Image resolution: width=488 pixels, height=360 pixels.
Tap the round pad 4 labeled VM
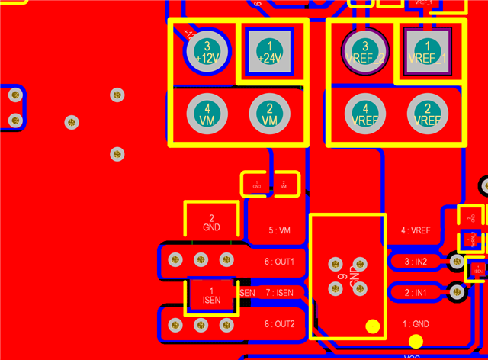click(207, 114)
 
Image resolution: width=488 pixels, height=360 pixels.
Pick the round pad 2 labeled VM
click(269, 114)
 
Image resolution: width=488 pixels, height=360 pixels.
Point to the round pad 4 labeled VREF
click(365, 114)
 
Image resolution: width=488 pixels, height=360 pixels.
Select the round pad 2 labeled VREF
click(427, 114)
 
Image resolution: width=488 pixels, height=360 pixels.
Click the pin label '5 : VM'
click(280, 230)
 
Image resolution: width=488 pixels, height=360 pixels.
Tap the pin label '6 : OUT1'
click(279, 262)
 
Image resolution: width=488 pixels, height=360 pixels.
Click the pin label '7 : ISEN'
click(279, 293)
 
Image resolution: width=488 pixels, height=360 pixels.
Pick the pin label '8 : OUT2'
click(279, 324)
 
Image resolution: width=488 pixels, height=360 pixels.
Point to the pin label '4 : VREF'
click(416, 230)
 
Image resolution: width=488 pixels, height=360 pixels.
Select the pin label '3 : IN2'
click(416, 262)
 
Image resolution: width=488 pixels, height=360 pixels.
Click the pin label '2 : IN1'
click(416, 293)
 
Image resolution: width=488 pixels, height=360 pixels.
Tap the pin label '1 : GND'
click(416, 324)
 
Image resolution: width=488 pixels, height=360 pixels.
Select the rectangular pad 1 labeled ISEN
click(212, 295)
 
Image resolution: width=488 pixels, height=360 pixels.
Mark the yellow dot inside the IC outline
click(373, 327)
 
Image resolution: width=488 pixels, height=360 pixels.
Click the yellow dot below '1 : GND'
click(416, 342)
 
